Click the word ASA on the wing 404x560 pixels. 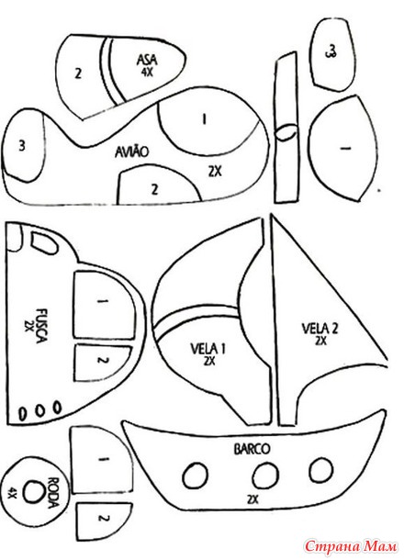pyautogui.click(x=147, y=60)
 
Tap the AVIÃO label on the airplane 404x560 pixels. pyautogui.click(x=131, y=152)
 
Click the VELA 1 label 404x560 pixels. pyautogui.click(x=208, y=348)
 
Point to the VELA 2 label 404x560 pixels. pyautogui.click(x=320, y=328)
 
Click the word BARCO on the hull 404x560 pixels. pyautogui.click(x=252, y=449)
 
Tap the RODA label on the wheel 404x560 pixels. pyautogui.click(x=52, y=492)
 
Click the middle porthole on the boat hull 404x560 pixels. pyautogui.click(x=265, y=476)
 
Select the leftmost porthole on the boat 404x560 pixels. pyautogui.click(x=196, y=476)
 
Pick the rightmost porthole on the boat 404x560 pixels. pyautogui.click(x=321, y=470)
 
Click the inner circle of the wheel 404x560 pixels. pyautogui.click(x=34, y=492)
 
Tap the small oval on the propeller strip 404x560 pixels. pyautogui.click(x=286, y=132)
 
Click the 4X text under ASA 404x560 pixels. pyautogui.click(x=147, y=73)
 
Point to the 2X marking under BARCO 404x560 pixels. pyautogui.click(x=252, y=498)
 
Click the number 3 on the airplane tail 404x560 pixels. pyautogui.click(x=22, y=146)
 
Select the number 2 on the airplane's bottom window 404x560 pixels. pyautogui.click(x=154, y=189)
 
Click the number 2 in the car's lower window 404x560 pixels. pyautogui.click(x=102, y=360)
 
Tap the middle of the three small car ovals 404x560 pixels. pyautogui.click(x=39, y=410)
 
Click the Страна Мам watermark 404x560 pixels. pyautogui.click(x=351, y=546)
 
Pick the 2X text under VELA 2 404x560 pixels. pyautogui.click(x=320, y=342)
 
